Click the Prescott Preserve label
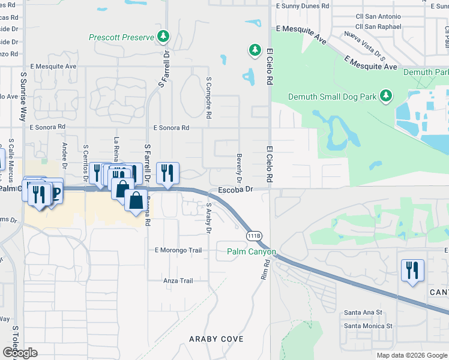click(122, 37)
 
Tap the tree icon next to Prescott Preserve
click(163, 37)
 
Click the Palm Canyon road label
click(251, 252)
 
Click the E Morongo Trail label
click(178, 250)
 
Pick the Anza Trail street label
click(178, 281)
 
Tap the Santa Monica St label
click(367, 326)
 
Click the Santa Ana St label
click(363, 313)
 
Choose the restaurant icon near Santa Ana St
click(413, 270)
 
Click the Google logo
click(20, 353)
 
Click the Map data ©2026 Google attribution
click(412, 355)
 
